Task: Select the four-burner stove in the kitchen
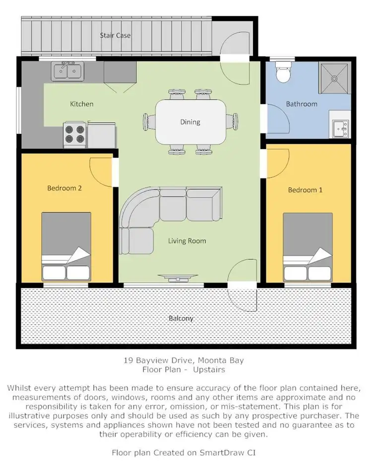[x=74, y=134]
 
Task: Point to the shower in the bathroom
[x=336, y=77]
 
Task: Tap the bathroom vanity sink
[x=341, y=128]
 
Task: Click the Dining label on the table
[x=190, y=122]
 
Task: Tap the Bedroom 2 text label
[x=64, y=188]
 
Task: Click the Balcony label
[x=181, y=318]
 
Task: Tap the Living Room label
[x=186, y=241]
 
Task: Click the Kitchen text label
[x=81, y=104]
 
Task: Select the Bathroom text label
[x=301, y=104]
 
